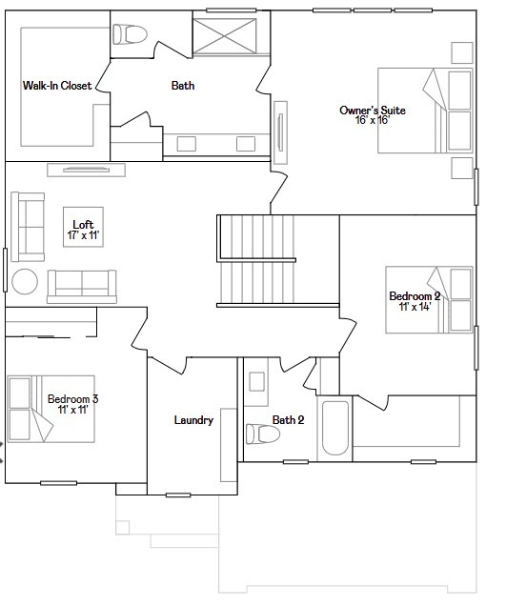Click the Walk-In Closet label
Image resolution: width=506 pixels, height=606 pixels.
click(57, 86)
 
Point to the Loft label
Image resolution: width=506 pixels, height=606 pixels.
click(84, 225)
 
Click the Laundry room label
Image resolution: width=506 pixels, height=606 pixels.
click(193, 420)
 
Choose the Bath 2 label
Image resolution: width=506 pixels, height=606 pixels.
click(288, 420)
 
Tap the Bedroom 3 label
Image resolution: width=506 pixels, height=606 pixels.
click(73, 399)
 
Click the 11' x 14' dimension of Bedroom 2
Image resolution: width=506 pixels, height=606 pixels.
click(415, 308)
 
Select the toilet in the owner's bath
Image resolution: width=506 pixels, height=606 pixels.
click(131, 35)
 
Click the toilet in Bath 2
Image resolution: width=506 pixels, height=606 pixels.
click(261, 434)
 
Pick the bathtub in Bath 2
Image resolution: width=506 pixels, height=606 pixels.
click(335, 428)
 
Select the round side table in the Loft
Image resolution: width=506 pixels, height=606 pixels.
click(25, 282)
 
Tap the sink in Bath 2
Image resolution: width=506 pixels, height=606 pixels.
click(258, 382)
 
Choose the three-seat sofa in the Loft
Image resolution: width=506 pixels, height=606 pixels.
click(82, 285)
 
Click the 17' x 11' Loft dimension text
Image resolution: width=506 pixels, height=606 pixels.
click(84, 235)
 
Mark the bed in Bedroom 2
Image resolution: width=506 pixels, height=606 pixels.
click(430, 299)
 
